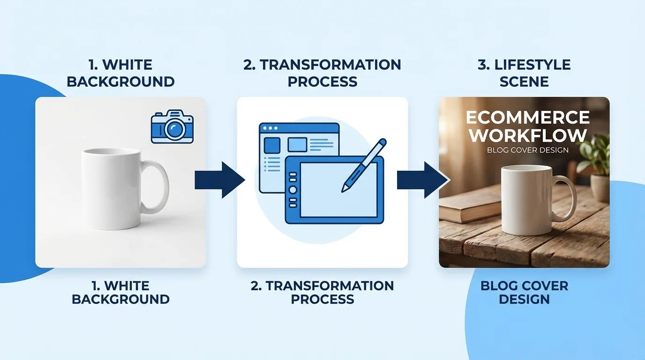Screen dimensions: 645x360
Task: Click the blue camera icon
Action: pos(172,127)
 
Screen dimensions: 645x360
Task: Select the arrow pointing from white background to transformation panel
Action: pos(220,180)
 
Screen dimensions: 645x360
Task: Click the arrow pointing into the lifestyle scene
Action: pos(422,180)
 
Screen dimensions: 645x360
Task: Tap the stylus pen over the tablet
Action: pos(364,165)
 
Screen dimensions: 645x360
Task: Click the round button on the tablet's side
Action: pos(293,190)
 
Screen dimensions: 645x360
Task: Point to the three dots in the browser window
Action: pos(270,128)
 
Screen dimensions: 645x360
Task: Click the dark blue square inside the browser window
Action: pos(272,145)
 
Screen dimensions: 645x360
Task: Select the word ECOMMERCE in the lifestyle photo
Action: pos(527,117)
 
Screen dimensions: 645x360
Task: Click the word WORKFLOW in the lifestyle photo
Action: pos(528,135)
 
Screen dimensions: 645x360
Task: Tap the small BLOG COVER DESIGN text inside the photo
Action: pos(528,150)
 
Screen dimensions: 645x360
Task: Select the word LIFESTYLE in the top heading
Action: pos(532,65)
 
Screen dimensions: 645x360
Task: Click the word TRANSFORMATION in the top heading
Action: pos(330,65)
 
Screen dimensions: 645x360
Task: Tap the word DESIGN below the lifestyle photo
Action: pos(525,299)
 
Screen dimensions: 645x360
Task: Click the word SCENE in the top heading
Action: pos(524,82)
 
